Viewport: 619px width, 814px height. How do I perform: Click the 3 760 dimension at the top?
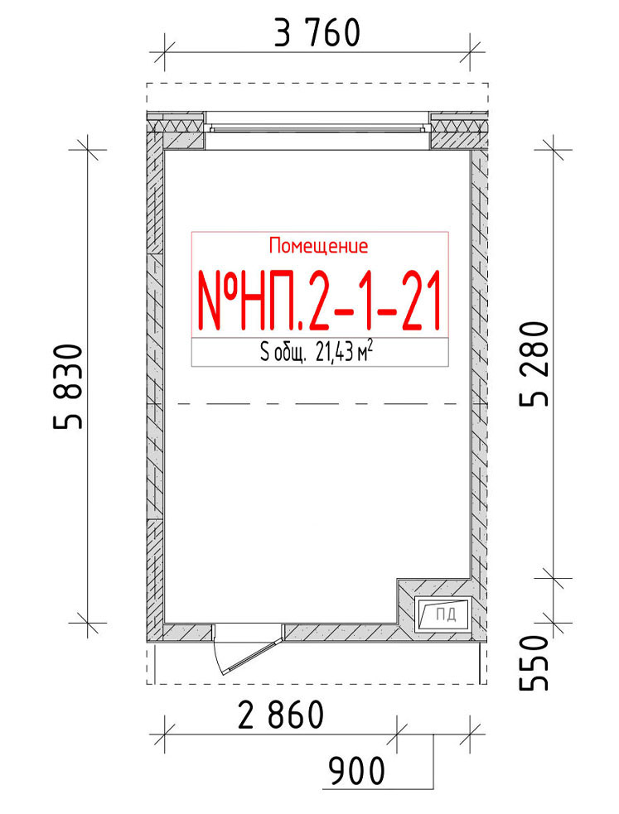(317, 32)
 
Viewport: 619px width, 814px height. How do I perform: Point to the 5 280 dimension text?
(534, 364)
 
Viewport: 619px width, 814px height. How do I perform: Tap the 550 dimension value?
(534, 663)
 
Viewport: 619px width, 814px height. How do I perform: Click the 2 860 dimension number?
(281, 715)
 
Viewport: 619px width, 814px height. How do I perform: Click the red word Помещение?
(318, 246)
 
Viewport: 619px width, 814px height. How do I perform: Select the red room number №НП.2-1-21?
(319, 301)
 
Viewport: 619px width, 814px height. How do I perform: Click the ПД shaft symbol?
(443, 614)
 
